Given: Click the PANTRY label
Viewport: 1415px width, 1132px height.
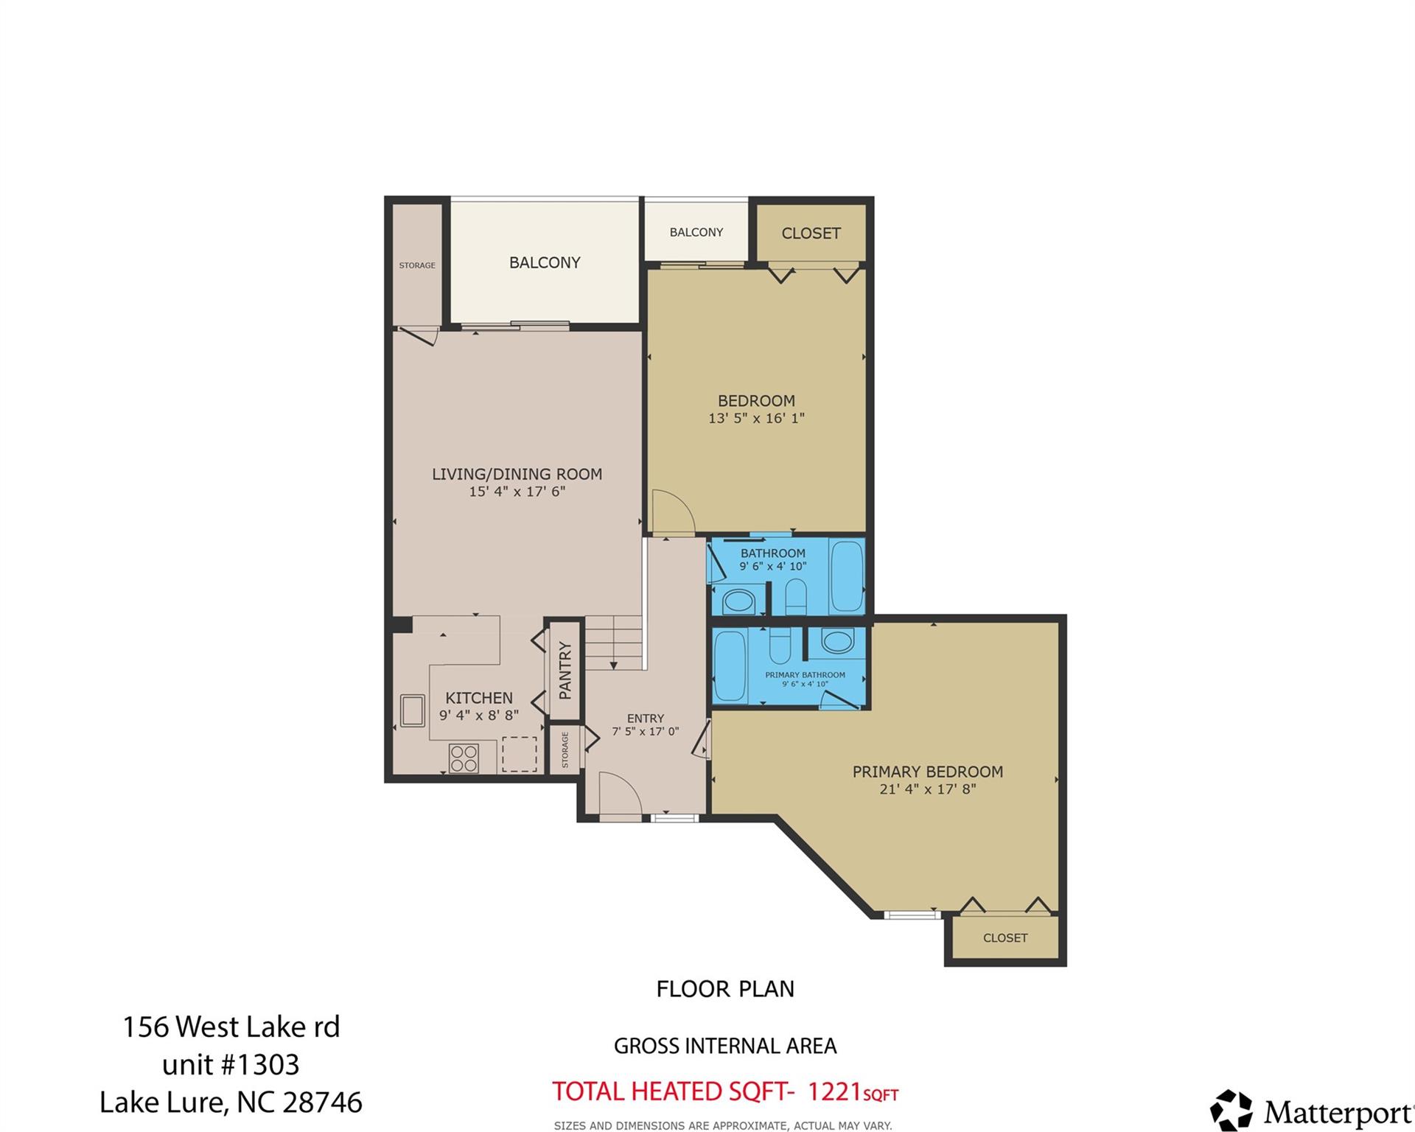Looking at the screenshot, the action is pyautogui.click(x=565, y=670).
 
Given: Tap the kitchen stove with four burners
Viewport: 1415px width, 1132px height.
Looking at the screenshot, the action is pyautogui.click(x=464, y=758).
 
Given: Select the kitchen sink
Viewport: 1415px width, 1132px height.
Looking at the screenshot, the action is pyautogui.click(x=412, y=710).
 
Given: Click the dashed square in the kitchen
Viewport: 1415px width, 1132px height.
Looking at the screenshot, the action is pyautogui.click(x=519, y=754).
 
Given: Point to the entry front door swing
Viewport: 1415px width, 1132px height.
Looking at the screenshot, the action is pyautogui.click(x=618, y=792).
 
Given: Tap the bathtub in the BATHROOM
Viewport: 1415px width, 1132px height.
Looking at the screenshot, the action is pyautogui.click(x=847, y=576).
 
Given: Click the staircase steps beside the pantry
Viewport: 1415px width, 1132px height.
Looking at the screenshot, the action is pyautogui.click(x=614, y=644).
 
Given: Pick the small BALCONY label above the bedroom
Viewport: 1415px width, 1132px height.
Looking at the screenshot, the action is pyautogui.click(x=696, y=232).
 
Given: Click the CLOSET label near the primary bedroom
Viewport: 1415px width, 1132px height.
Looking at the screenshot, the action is pyautogui.click(x=1005, y=938).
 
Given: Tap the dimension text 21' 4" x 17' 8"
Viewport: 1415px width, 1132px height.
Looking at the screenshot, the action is pyautogui.click(x=928, y=789).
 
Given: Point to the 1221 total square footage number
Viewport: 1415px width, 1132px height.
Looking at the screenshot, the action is pyautogui.click(x=834, y=1091).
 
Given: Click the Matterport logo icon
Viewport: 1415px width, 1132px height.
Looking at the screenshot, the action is pyautogui.click(x=1231, y=1111).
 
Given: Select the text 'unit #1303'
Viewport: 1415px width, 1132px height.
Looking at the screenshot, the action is pyautogui.click(x=231, y=1064).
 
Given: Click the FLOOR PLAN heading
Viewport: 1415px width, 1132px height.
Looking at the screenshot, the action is pyautogui.click(x=725, y=989).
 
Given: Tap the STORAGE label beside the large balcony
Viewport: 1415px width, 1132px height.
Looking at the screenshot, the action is pyautogui.click(x=417, y=265).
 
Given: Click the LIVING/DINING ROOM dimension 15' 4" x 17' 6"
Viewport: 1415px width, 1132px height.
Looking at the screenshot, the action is pyautogui.click(x=517, y=492).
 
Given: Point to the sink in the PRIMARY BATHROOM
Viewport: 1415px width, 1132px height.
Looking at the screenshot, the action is pyautogui.click(x=837, y=640).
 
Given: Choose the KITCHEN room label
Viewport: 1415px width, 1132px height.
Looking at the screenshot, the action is pyautogui.click(x=479, y=698).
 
